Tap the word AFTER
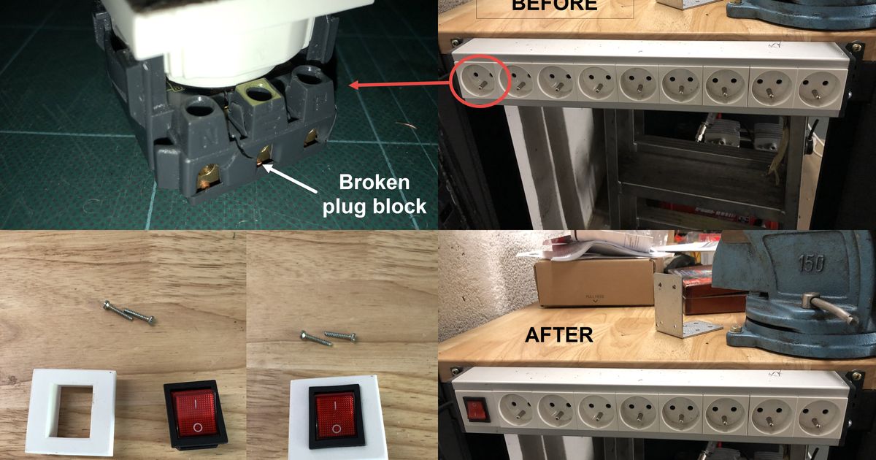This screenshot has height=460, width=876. pyautogui.click(x=559, y=334)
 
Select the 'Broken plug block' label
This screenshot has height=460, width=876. pyautogui.click(x=375, y=194)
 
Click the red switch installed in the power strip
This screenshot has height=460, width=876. pyautogui.click(x=476, y=409)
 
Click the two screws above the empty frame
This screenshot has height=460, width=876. pyautogui.click(x=128, y=312)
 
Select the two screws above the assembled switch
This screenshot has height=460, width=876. pyautogui.click(x=328, y=336)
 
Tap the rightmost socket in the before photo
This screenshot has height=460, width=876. pyautogui.click(x=818, y=86)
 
